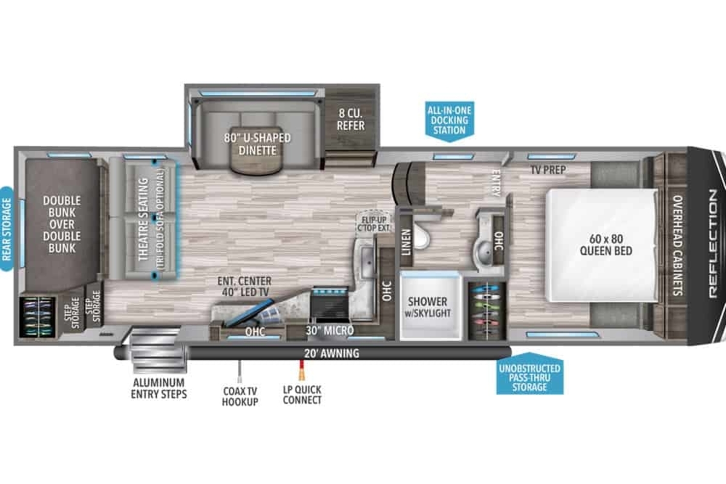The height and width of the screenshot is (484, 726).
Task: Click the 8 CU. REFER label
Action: point(351,119)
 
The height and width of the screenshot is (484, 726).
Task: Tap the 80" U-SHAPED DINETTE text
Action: point(257,144)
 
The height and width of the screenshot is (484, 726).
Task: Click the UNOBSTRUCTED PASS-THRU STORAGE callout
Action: point(529,374)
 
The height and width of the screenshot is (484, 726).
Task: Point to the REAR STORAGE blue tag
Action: point(7,229)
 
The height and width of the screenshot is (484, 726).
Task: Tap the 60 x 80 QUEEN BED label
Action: point(606,245)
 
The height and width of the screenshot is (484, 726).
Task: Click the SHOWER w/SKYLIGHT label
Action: point(428,307)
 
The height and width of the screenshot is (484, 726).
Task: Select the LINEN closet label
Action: point(406,242)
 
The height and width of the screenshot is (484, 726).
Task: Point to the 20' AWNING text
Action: point(332,353)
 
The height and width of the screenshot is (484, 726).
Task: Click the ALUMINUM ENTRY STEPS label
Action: point(159,388)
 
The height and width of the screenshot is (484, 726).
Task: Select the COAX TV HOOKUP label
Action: point(240,396)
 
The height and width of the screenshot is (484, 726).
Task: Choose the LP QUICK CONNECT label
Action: point(302,395)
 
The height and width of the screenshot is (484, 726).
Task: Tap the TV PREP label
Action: point(548,169)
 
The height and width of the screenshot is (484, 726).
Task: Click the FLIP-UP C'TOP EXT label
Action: point(374,224)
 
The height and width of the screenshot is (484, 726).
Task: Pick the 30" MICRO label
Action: point(330,330)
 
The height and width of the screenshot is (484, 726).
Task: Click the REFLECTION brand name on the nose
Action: point(713,244)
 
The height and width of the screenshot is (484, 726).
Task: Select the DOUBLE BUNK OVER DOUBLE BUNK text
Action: point(62,224)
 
